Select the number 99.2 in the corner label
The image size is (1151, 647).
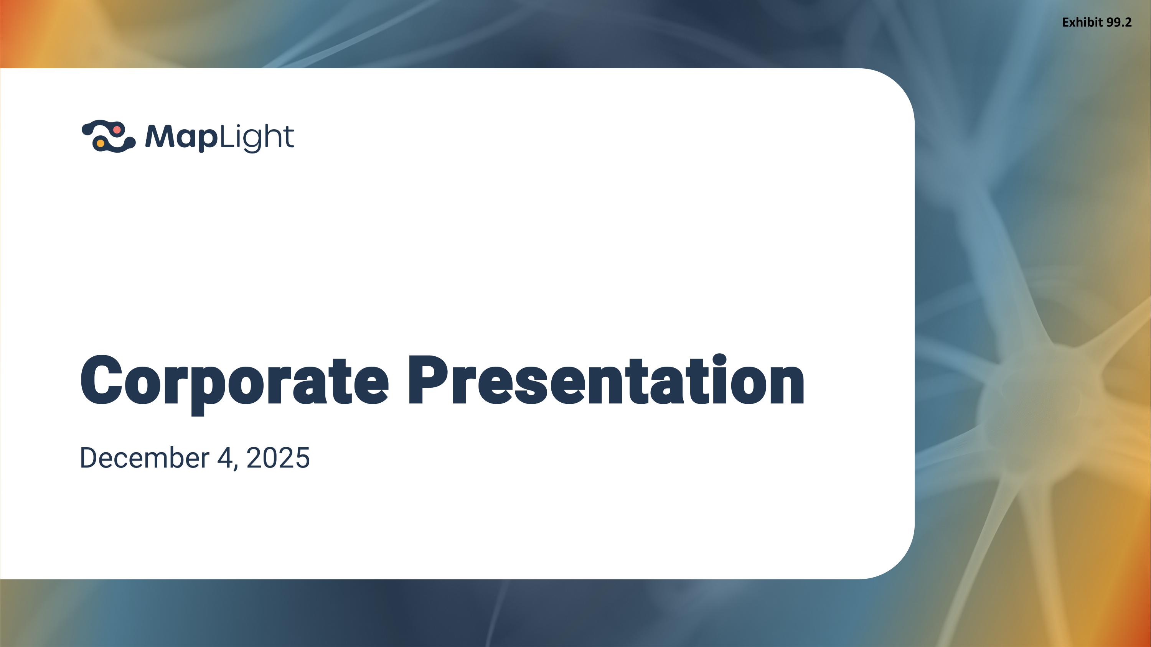pyautogui.click(x=1119, y=22)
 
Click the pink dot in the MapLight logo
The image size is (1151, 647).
pyautogui.click(x=117, y=130)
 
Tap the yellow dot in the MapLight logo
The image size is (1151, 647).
pyautogui.click(x=101, y=143)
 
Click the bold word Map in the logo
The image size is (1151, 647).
pyautogui.click(x=181, y=137)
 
